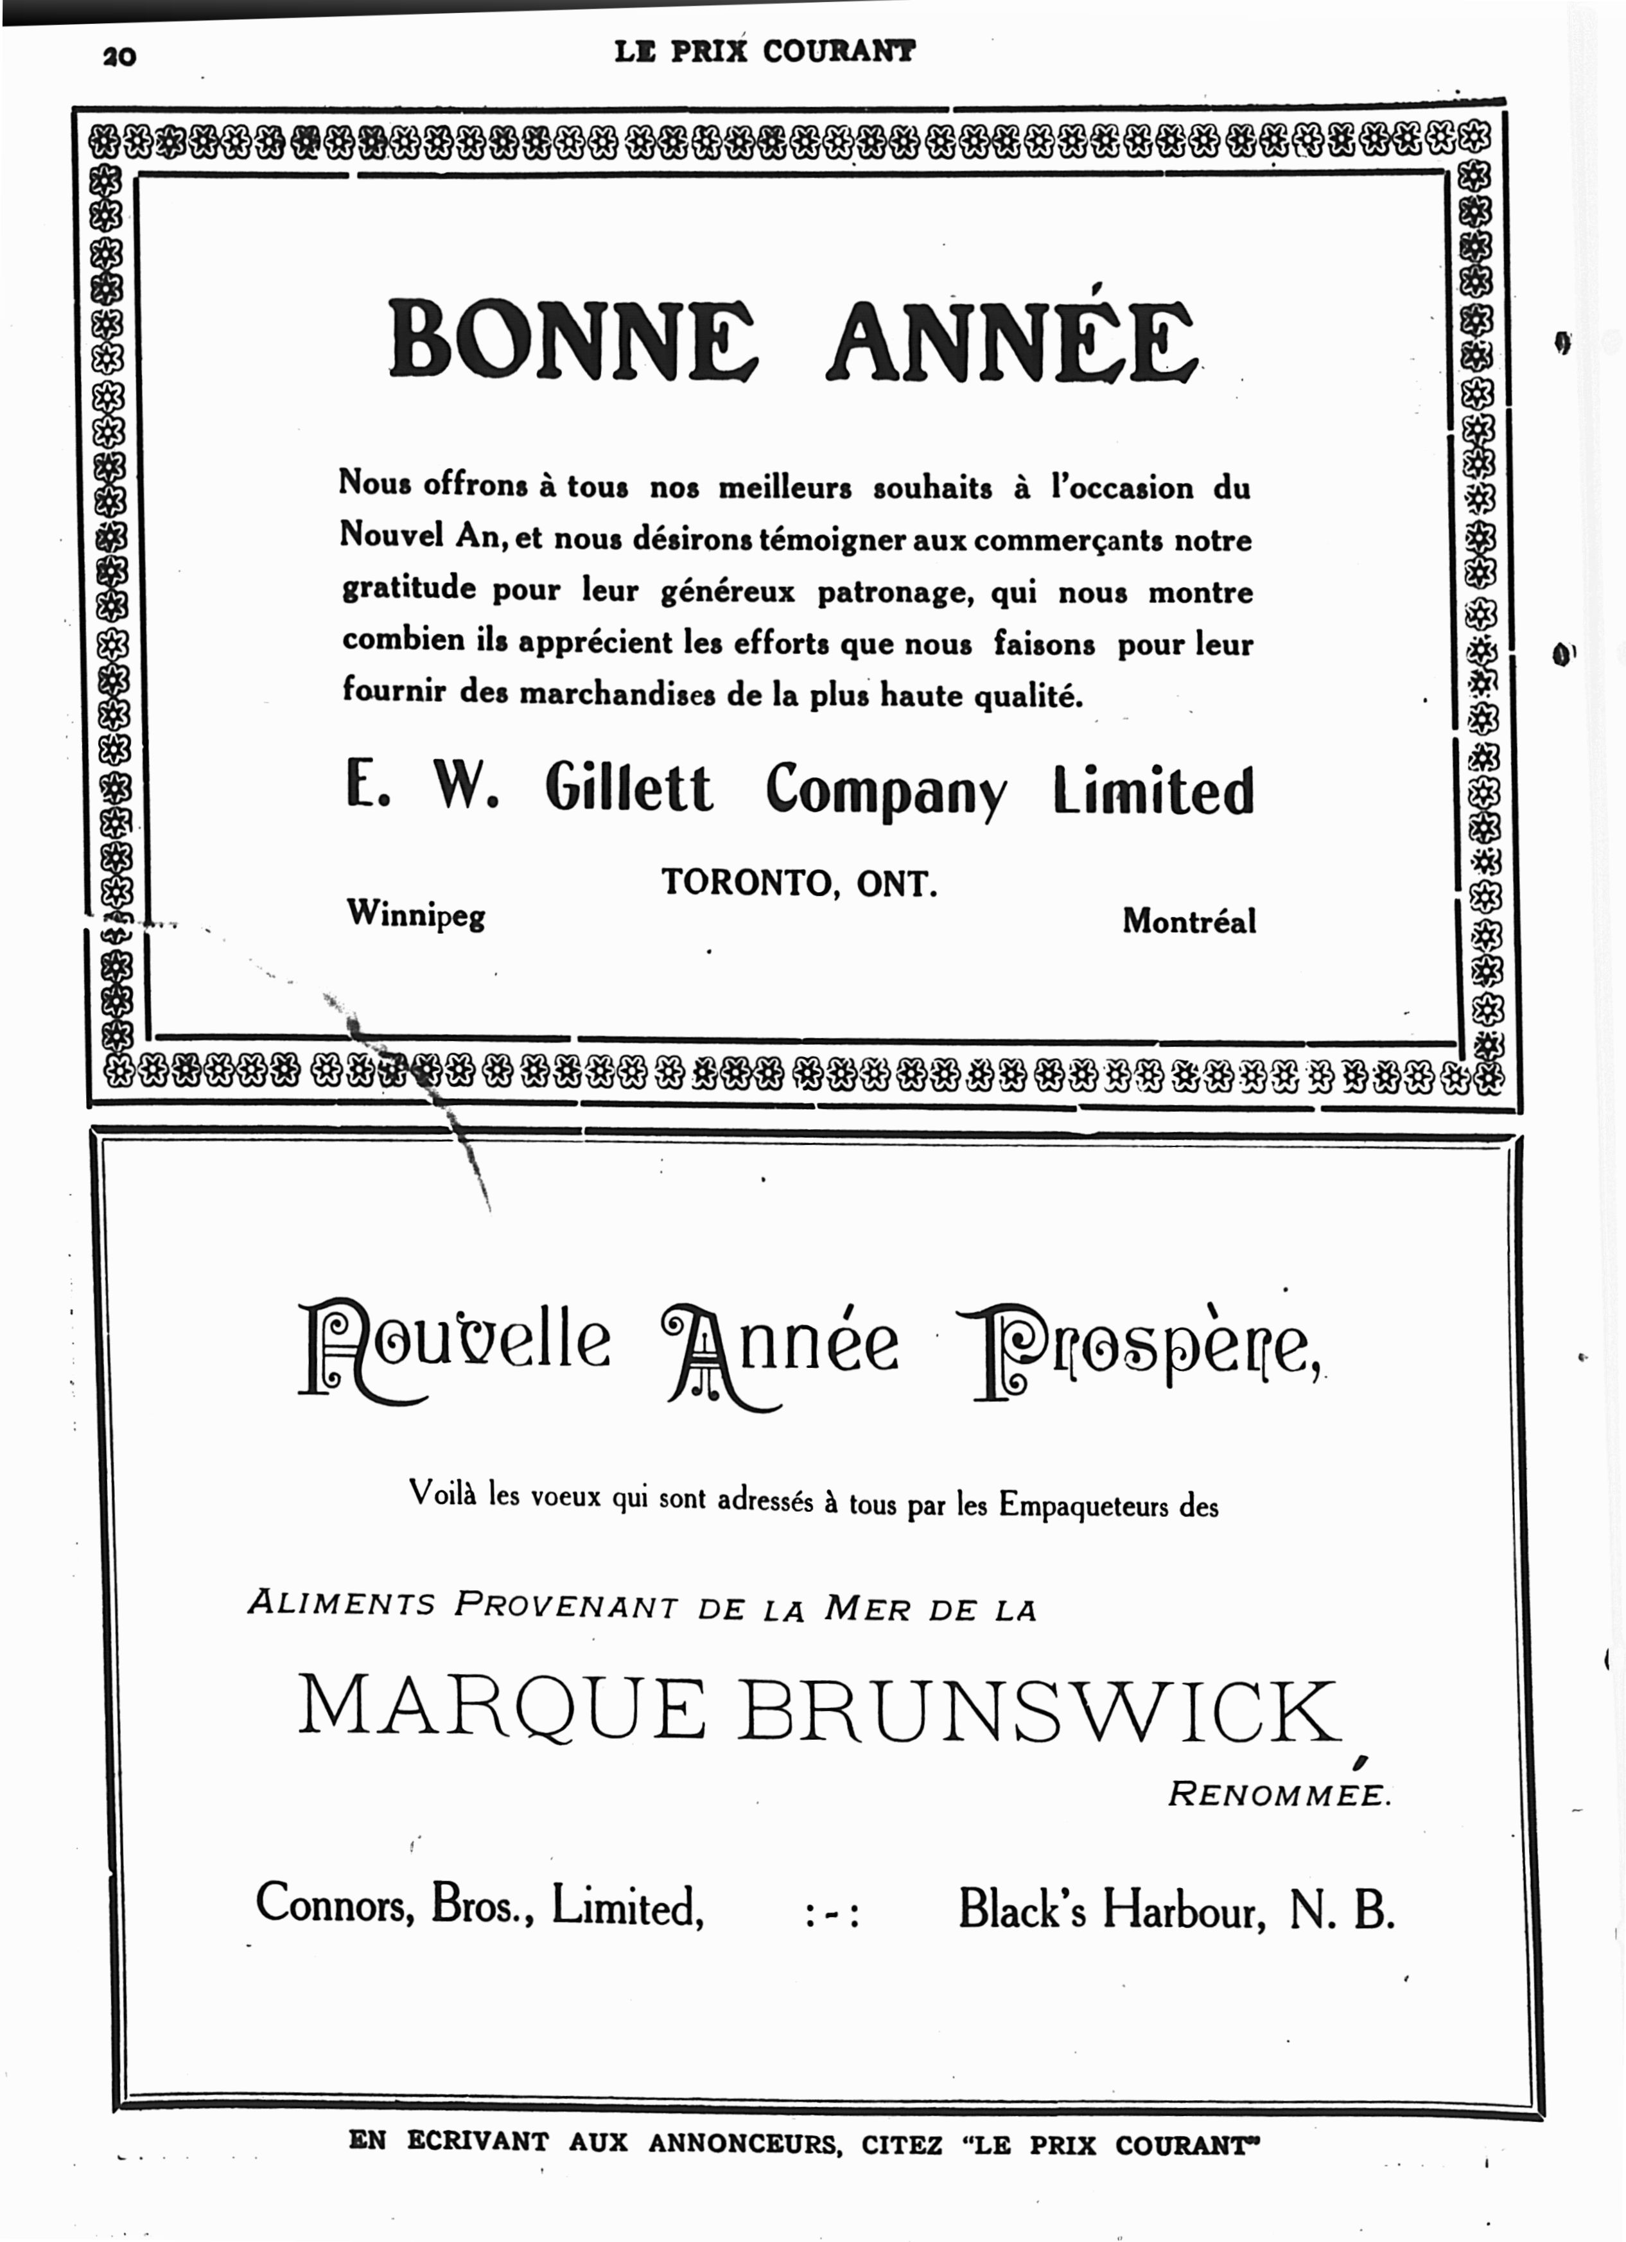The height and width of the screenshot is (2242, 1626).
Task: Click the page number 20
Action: (x=119, y=57)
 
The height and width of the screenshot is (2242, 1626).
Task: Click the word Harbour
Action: (x=1184, y=1908)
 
